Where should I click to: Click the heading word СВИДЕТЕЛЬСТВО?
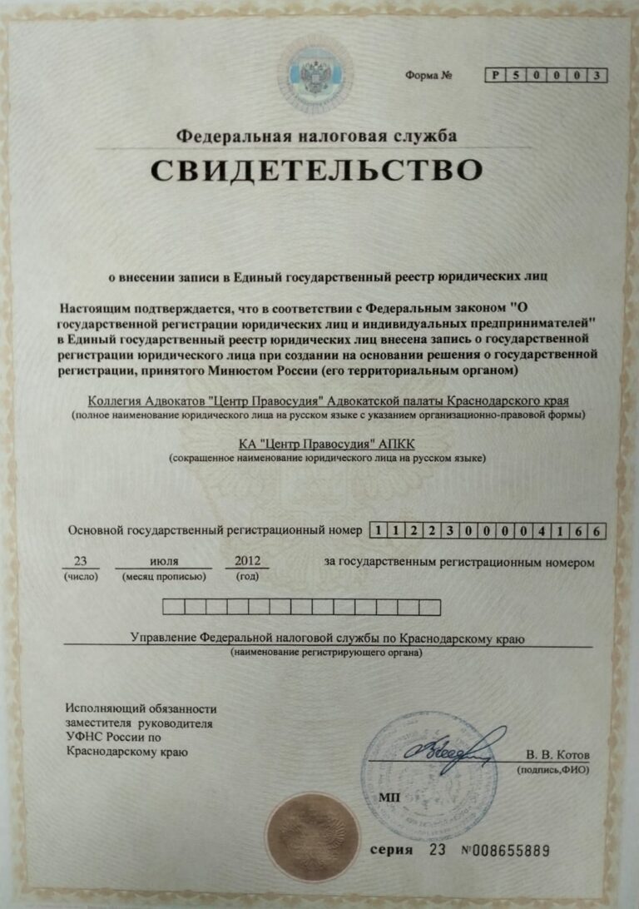point(317,170)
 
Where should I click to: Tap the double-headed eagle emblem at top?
point(316,74)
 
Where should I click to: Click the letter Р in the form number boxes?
point(496,76)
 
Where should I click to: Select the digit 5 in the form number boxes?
point(516,76)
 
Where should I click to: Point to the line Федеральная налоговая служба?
point(317,136)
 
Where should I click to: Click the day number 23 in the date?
point(81,561)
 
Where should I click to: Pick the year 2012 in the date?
point(246,561)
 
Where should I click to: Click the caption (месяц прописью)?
point(164,576)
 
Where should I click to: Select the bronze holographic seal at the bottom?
point(312,836)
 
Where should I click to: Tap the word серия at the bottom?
point(391,851)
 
